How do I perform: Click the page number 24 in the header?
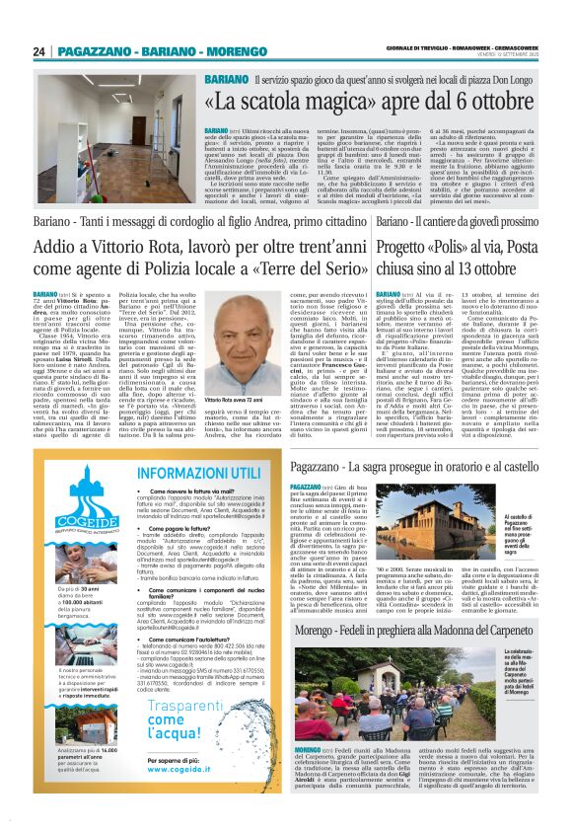coord(38,51)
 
